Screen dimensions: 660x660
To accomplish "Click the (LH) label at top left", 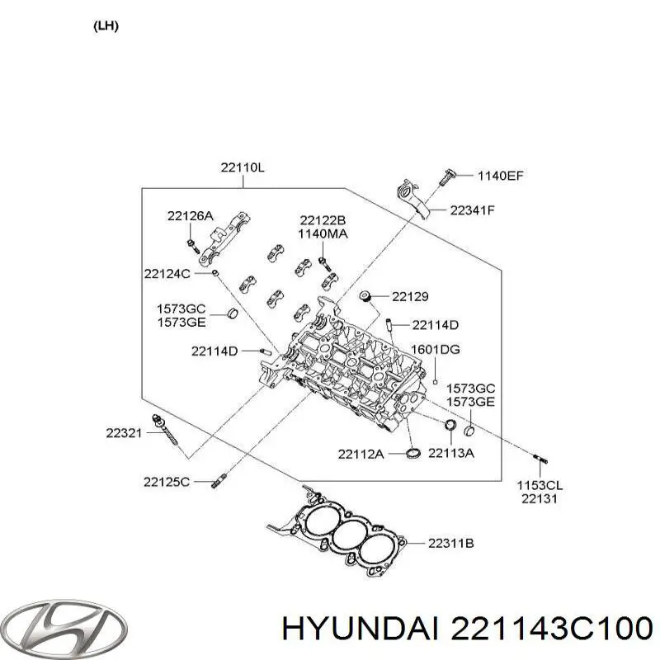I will pos(106,26).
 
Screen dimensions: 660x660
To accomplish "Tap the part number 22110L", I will pos(243,167).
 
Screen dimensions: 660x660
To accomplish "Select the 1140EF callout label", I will pos(501,176).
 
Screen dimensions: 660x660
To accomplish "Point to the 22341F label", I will pos(472,210).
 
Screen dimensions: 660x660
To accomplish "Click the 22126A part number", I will pos(190,216).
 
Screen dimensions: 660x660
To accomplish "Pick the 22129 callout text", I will pos(409,296).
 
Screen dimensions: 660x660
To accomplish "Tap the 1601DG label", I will pos(436,350).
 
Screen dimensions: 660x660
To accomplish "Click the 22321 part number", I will pos(124,431).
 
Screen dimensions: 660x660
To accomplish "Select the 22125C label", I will pos(167,481).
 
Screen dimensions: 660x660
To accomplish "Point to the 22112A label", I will pos(361,453).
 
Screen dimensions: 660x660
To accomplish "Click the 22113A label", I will pos(450,453).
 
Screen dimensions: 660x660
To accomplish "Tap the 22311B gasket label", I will pos(450,542).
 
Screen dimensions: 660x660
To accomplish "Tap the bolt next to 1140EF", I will pos(446,175).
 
